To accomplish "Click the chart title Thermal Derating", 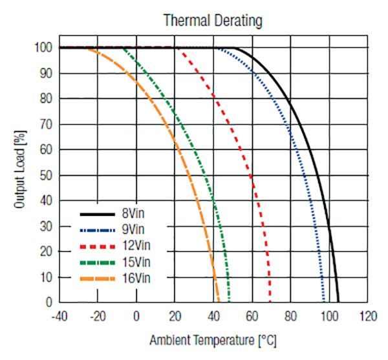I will [213, 21].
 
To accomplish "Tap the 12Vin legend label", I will [137, 246].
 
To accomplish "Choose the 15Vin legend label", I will [137, 262].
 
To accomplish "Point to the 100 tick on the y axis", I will [43, 48].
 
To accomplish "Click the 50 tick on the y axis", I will [45, 175].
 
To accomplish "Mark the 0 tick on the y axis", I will [48, 302].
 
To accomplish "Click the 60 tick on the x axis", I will [252, 317].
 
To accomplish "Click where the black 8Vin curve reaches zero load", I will [338, 301].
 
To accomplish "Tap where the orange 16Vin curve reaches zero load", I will [219, 301].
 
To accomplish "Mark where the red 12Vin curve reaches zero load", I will [270, 301].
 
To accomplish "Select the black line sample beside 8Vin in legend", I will [98, 213].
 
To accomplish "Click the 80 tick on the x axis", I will [290, 317].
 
